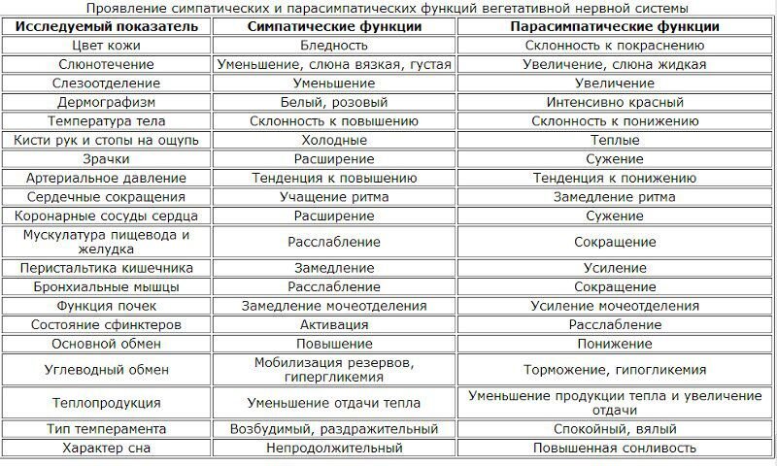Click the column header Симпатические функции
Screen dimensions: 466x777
(334, 27)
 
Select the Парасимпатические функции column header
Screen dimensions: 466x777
(614, 27)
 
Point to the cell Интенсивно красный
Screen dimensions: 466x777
(614, 103)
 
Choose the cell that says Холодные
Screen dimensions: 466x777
(334, 141)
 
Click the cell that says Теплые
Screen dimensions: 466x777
(614, 141)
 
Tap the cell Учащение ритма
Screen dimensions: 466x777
(334, 197)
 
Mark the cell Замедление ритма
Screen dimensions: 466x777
(614, 197)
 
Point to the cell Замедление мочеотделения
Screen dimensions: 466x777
(334, 306)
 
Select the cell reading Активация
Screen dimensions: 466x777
(334, 324)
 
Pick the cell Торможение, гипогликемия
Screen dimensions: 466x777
(614, 371)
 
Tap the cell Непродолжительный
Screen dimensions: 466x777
(334, 449)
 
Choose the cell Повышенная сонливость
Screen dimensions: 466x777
(614, 449)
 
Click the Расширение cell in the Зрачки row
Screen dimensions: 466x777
(334, 159)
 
